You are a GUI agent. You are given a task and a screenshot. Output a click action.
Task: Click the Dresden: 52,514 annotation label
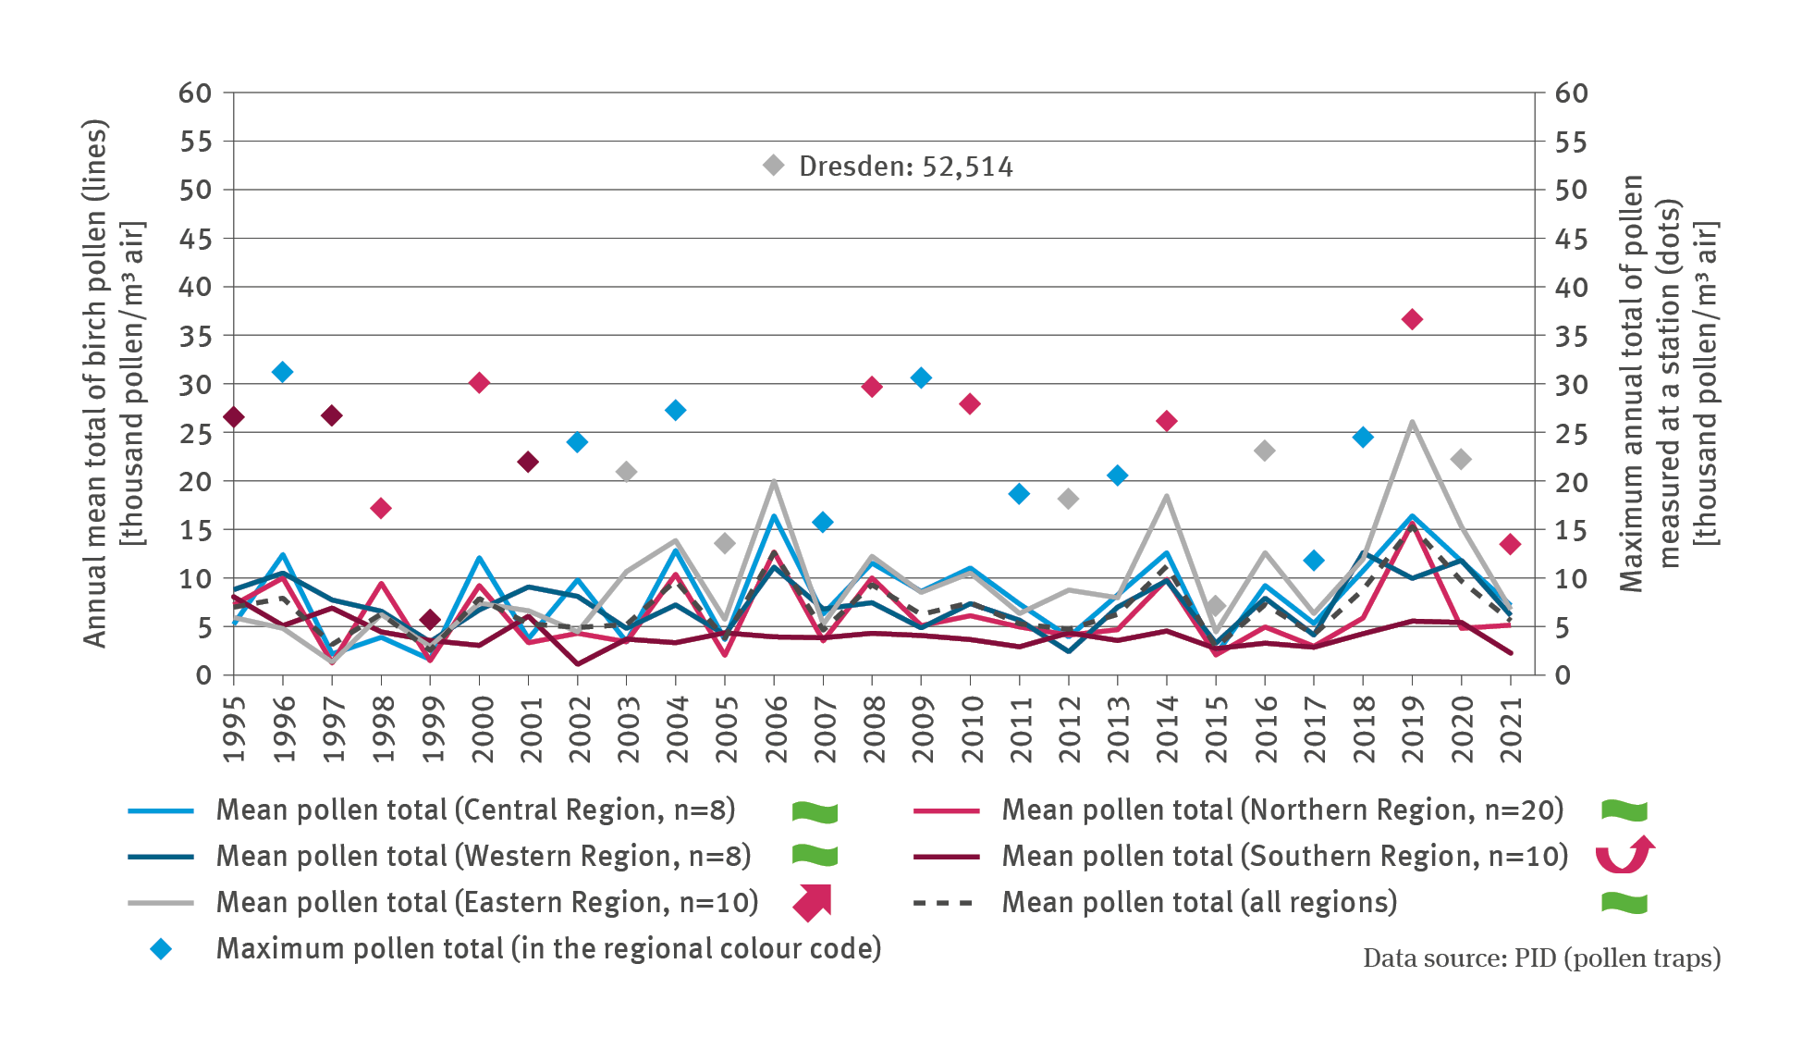(905, 167)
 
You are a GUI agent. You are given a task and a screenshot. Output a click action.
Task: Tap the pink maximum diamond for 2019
(1412, 319)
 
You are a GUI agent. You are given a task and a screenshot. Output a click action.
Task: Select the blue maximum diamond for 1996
(283, 372)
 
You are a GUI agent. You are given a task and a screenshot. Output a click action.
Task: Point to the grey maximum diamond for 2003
(626, 472)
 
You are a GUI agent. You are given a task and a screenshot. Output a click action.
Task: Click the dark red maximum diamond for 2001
(528, 462)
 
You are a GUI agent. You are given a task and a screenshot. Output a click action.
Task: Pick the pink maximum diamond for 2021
(1510, 544)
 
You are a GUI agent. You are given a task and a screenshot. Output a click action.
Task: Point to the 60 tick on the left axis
(195, 93)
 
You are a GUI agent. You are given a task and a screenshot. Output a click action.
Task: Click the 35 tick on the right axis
(1571, 336)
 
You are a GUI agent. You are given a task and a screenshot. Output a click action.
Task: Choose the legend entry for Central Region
(475, 810)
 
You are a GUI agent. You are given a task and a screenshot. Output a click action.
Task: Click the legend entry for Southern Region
(1284, 857)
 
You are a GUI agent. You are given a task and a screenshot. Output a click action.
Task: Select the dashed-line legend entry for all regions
(1198, 903)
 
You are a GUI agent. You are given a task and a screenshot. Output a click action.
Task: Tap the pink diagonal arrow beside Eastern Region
(814, 903)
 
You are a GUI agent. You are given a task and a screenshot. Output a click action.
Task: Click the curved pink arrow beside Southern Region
(1624, 855)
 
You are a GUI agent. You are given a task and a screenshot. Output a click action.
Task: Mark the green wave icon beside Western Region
(815, 856)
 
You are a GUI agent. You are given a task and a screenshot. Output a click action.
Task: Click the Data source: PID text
(1541, 958)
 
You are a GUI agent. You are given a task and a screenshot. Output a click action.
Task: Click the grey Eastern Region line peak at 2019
(1412, 423)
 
